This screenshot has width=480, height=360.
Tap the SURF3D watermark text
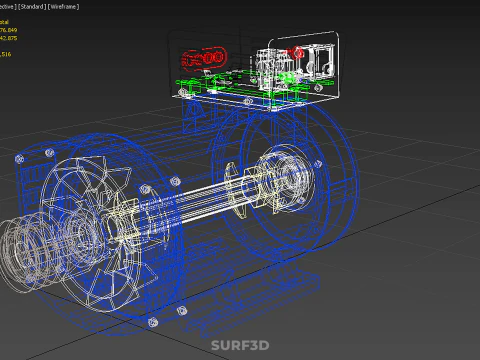240,347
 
